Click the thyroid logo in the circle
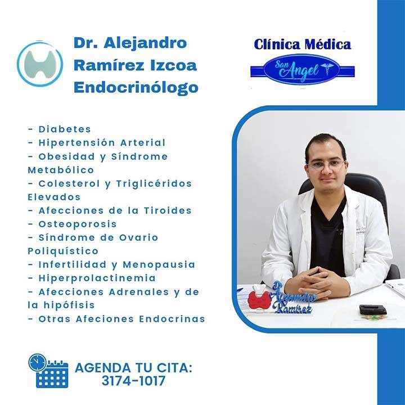click(x=40, y=64)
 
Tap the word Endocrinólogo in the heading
click(x=136, y=88)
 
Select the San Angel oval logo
click(x=302, y=70)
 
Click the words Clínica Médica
click(x=302, y=44)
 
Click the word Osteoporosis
click(x=78, y=224)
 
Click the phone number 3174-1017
click(x=133, y=381)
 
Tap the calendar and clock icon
click(x=48, y=371)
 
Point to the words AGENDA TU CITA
click(x=133, y=368)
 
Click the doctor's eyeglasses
click(x=326, y=165)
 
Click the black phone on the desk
click(x=372, y=309)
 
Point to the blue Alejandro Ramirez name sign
click(x=292, y=299)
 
